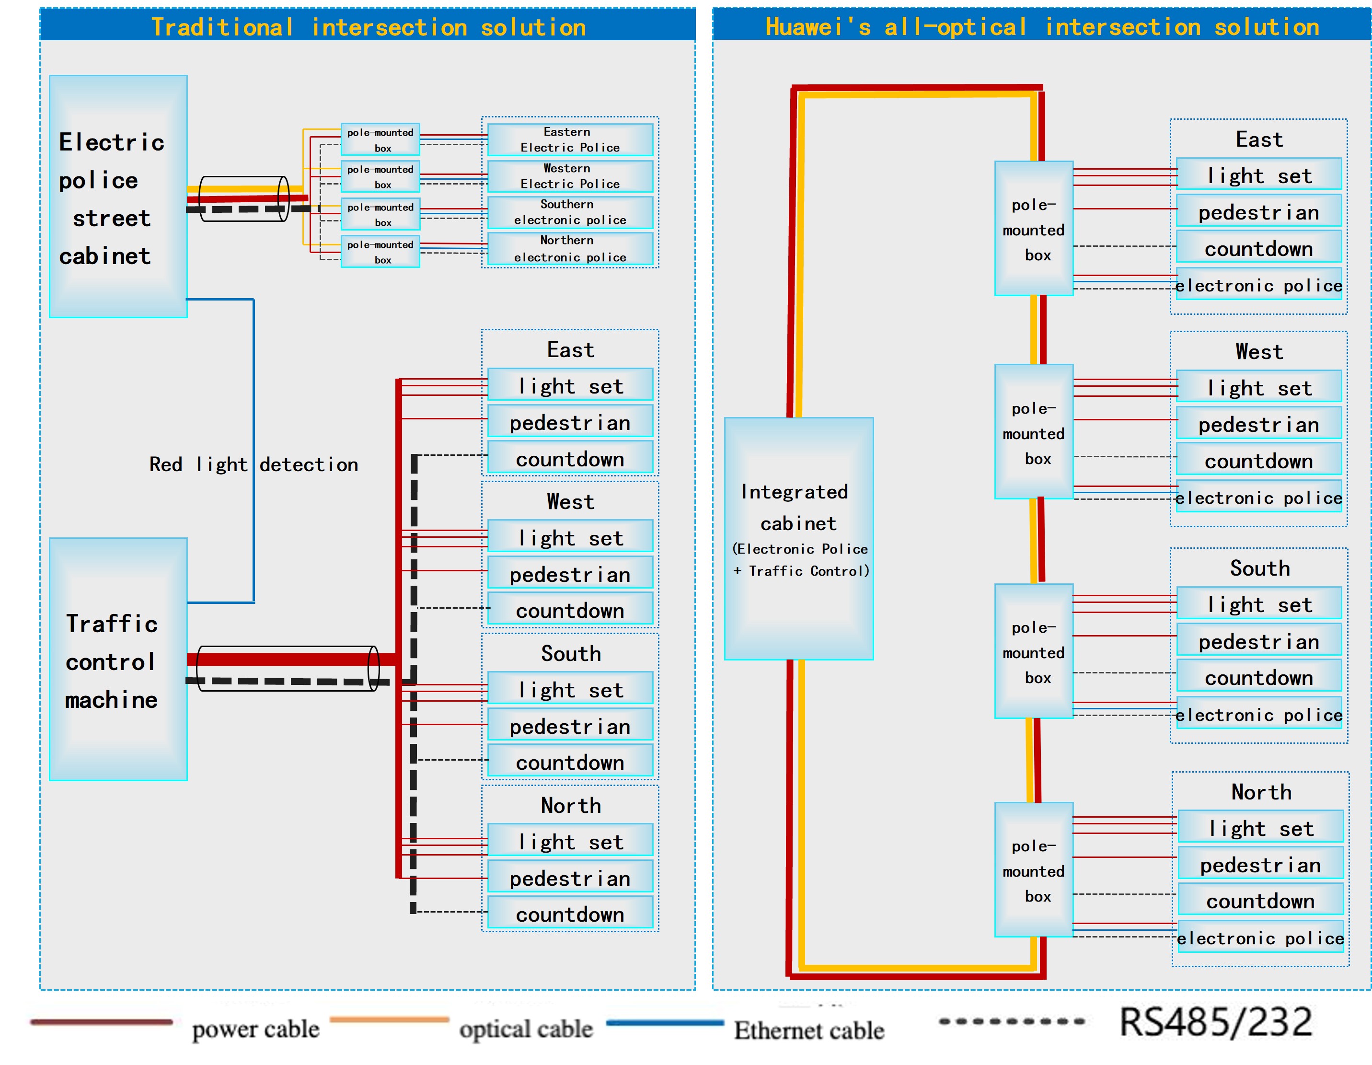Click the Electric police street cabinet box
coord(118,196)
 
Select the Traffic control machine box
coord(118,659)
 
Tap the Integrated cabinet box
coord(798,538)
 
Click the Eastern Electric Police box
coord(570,139)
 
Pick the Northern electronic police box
coord(570,249)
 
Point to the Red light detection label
coord(253,464)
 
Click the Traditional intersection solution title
coord(368,27)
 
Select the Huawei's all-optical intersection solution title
coord(1041,27)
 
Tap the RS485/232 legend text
coord(1216,1022)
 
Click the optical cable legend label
coord(526,1029)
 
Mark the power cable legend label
coord(256,1029)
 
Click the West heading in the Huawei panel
coord(1259,352)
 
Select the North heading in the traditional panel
coord(570,806)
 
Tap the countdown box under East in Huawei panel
coord(1258,249)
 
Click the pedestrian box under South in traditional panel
coord(570,726)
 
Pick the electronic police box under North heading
coord(1260,938)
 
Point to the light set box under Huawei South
coord(1259,604)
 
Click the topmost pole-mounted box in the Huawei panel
coord(1033,229)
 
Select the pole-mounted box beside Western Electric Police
coord(380,176)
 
